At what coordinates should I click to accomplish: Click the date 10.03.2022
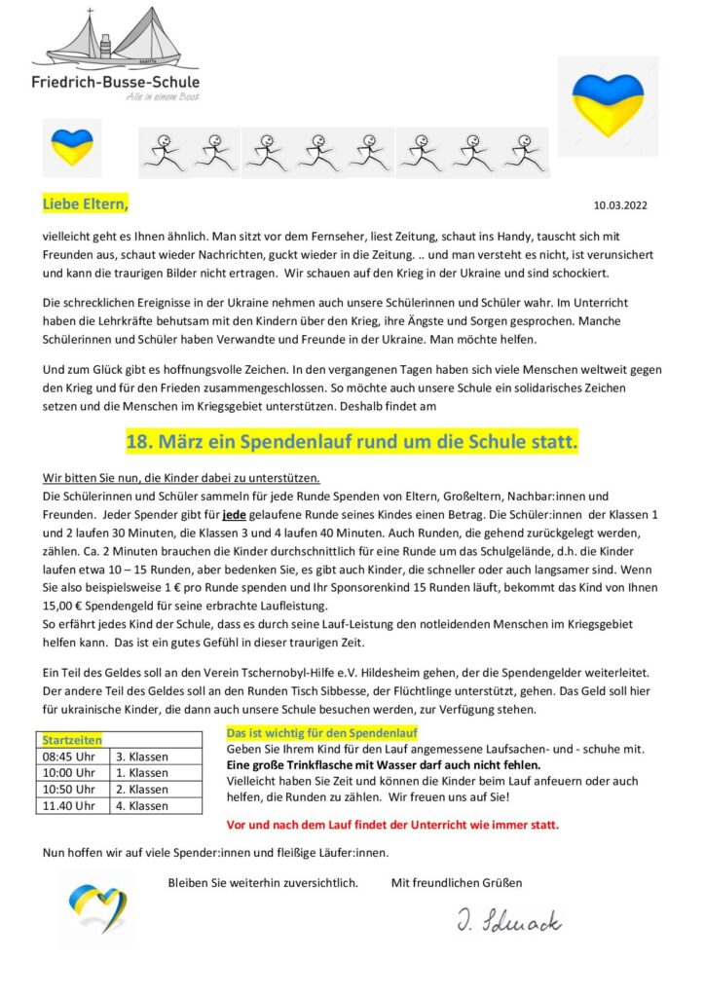[620, 206]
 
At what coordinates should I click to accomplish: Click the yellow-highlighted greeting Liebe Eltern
[86, 204]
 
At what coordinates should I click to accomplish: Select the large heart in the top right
[607, 104]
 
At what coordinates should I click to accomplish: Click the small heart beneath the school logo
[72, 147]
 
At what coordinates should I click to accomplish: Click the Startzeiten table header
[72, 741]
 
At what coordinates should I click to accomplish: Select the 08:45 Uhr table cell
[68, 757]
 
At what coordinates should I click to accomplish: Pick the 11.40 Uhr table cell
[68, 805]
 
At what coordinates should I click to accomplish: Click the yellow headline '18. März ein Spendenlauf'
[352, 443]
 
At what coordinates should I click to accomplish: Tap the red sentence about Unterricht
[392, 824]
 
